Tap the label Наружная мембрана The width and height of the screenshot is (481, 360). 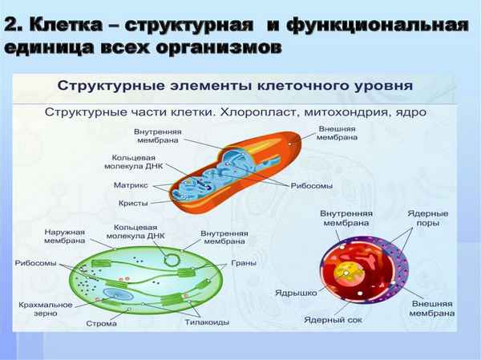click(x=64, y=236)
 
